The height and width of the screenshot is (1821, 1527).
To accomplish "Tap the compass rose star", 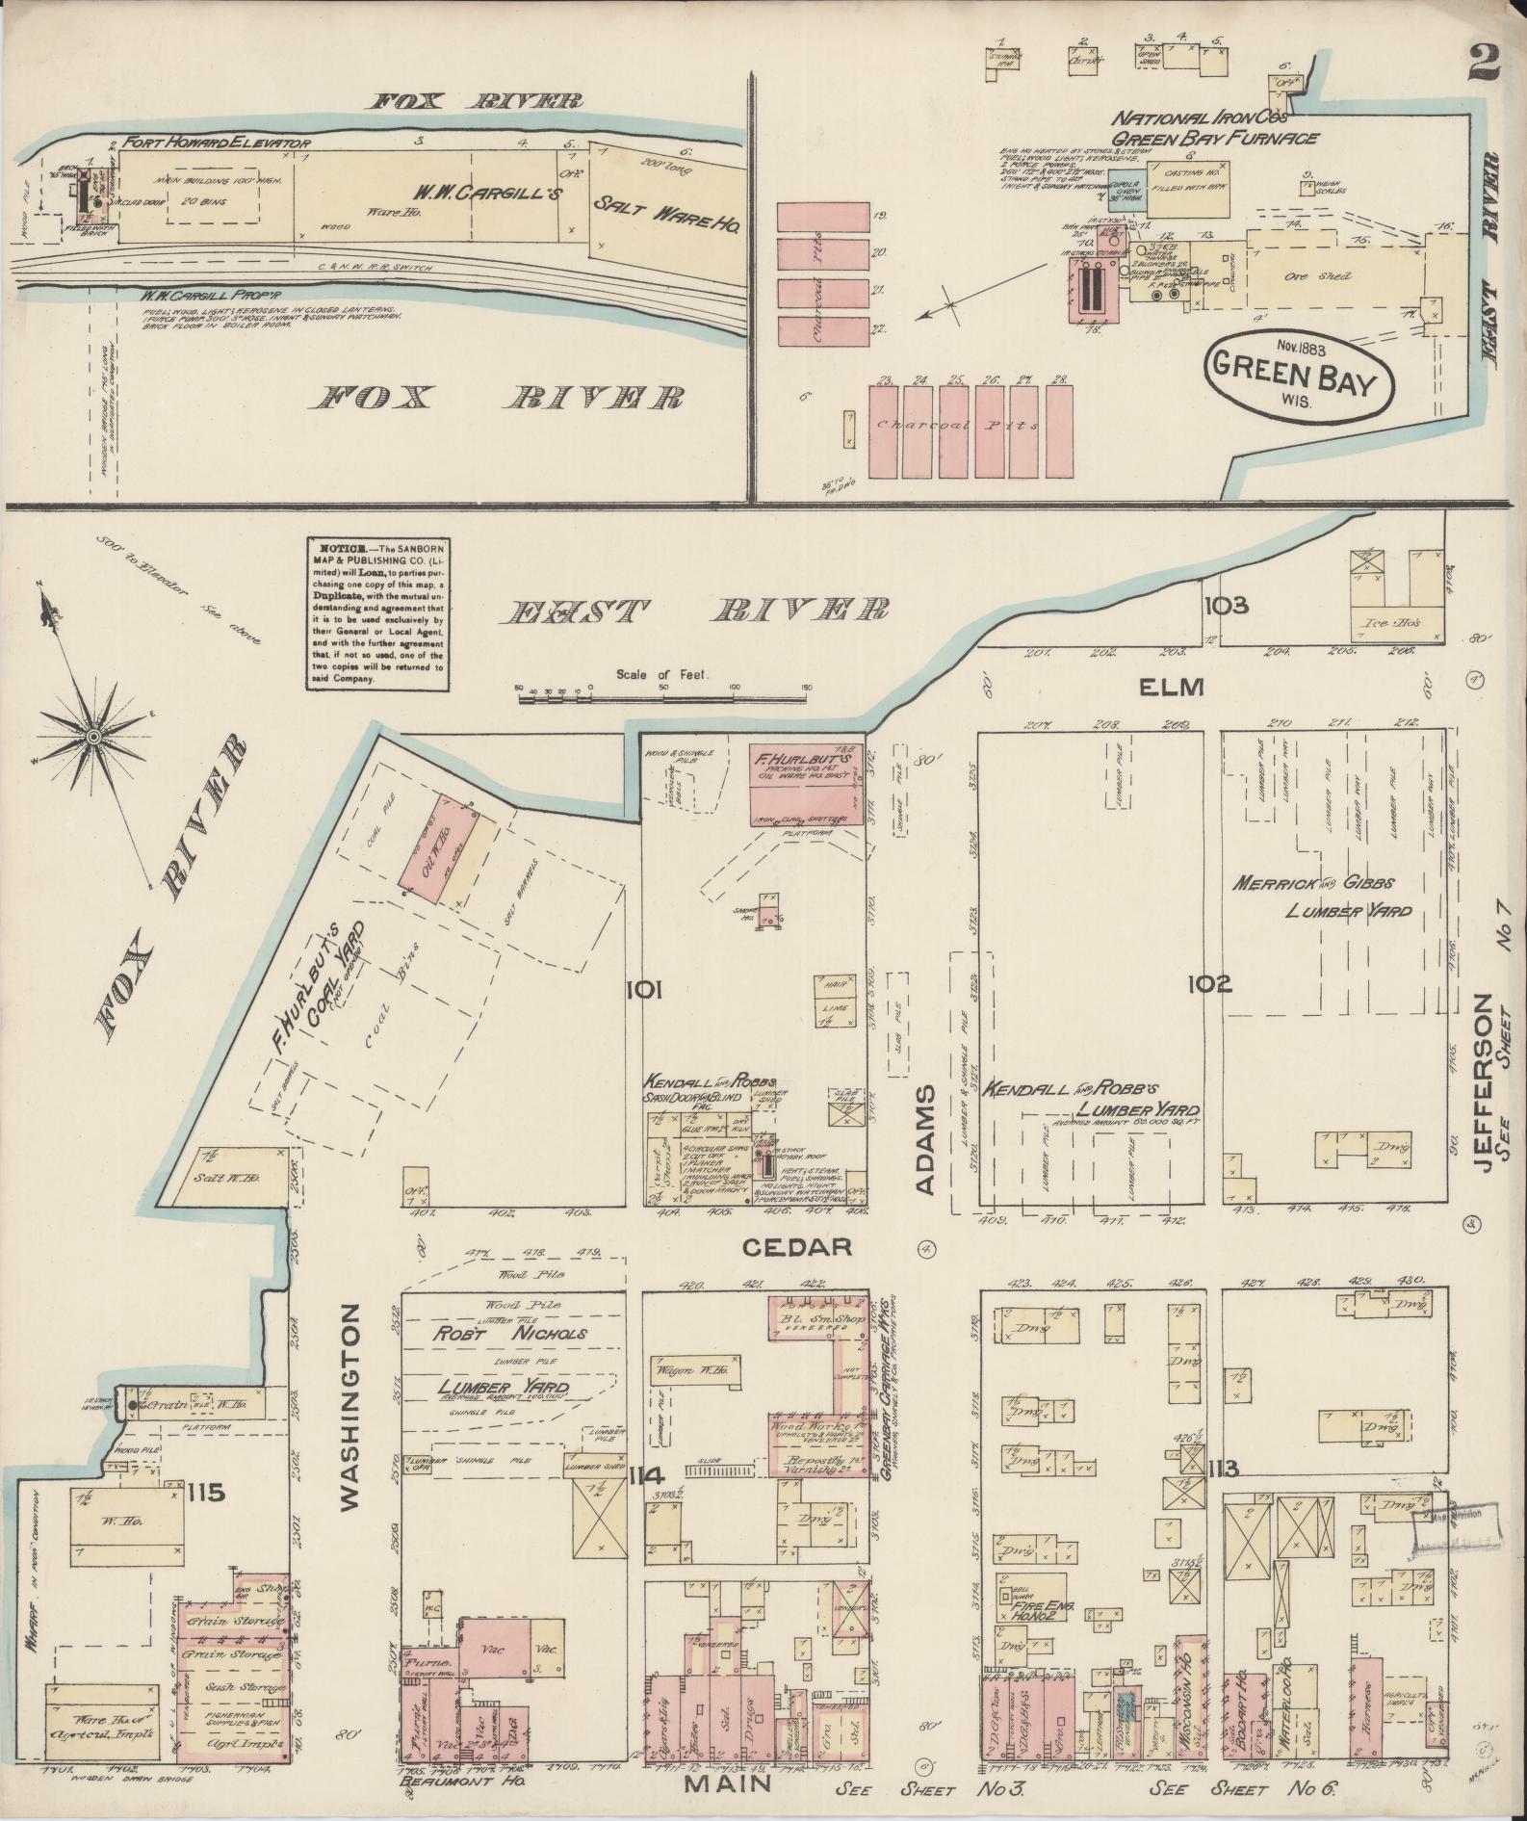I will pos(92,738).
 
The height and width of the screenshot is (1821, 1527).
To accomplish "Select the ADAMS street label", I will pos(925,1140).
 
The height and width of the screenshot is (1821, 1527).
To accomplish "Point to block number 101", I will pos(642,988).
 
